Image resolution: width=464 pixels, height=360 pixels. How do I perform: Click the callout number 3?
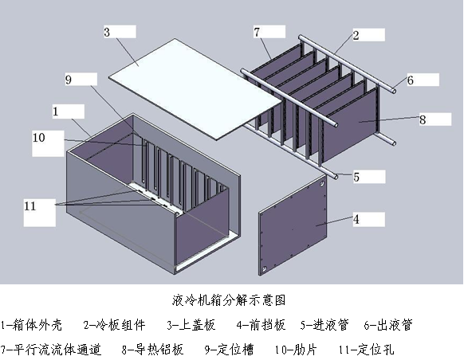tap(107, 32)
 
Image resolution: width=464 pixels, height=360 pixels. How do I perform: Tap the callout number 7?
tap(257, 32)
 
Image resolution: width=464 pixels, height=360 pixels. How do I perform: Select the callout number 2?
tap(356, 35)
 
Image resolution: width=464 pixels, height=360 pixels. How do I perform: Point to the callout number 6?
tap(410, 80)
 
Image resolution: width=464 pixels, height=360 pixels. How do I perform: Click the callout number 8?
tap(423, 119)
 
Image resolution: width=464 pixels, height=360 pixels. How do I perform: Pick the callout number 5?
tap(356, 177)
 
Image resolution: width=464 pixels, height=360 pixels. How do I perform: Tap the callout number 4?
tap(356, 219)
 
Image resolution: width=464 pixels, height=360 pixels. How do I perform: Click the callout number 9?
tap(69, 79)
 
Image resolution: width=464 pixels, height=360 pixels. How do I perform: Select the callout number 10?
tap(39, 138)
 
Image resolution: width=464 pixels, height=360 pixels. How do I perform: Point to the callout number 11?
tap(29, 205)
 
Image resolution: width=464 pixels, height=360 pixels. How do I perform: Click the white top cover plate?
tap(195, 88)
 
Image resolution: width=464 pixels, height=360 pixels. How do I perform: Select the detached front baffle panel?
tap(293, 225)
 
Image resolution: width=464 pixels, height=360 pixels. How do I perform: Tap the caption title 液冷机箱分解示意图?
tap(229, 300)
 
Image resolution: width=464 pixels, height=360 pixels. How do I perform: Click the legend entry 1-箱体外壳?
tap(31, 325)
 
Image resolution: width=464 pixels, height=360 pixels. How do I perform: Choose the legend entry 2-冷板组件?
tap(114, 325)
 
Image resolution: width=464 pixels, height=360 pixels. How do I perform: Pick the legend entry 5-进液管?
tap(324, 325)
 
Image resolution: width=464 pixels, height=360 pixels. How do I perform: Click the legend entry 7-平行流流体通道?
tap(51, 350)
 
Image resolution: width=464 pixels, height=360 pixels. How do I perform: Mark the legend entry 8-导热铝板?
tap(152, 350)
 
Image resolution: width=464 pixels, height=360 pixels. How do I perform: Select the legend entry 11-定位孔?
tap(367, 350)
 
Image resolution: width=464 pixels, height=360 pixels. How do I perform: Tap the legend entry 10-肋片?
tap(296, 350)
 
